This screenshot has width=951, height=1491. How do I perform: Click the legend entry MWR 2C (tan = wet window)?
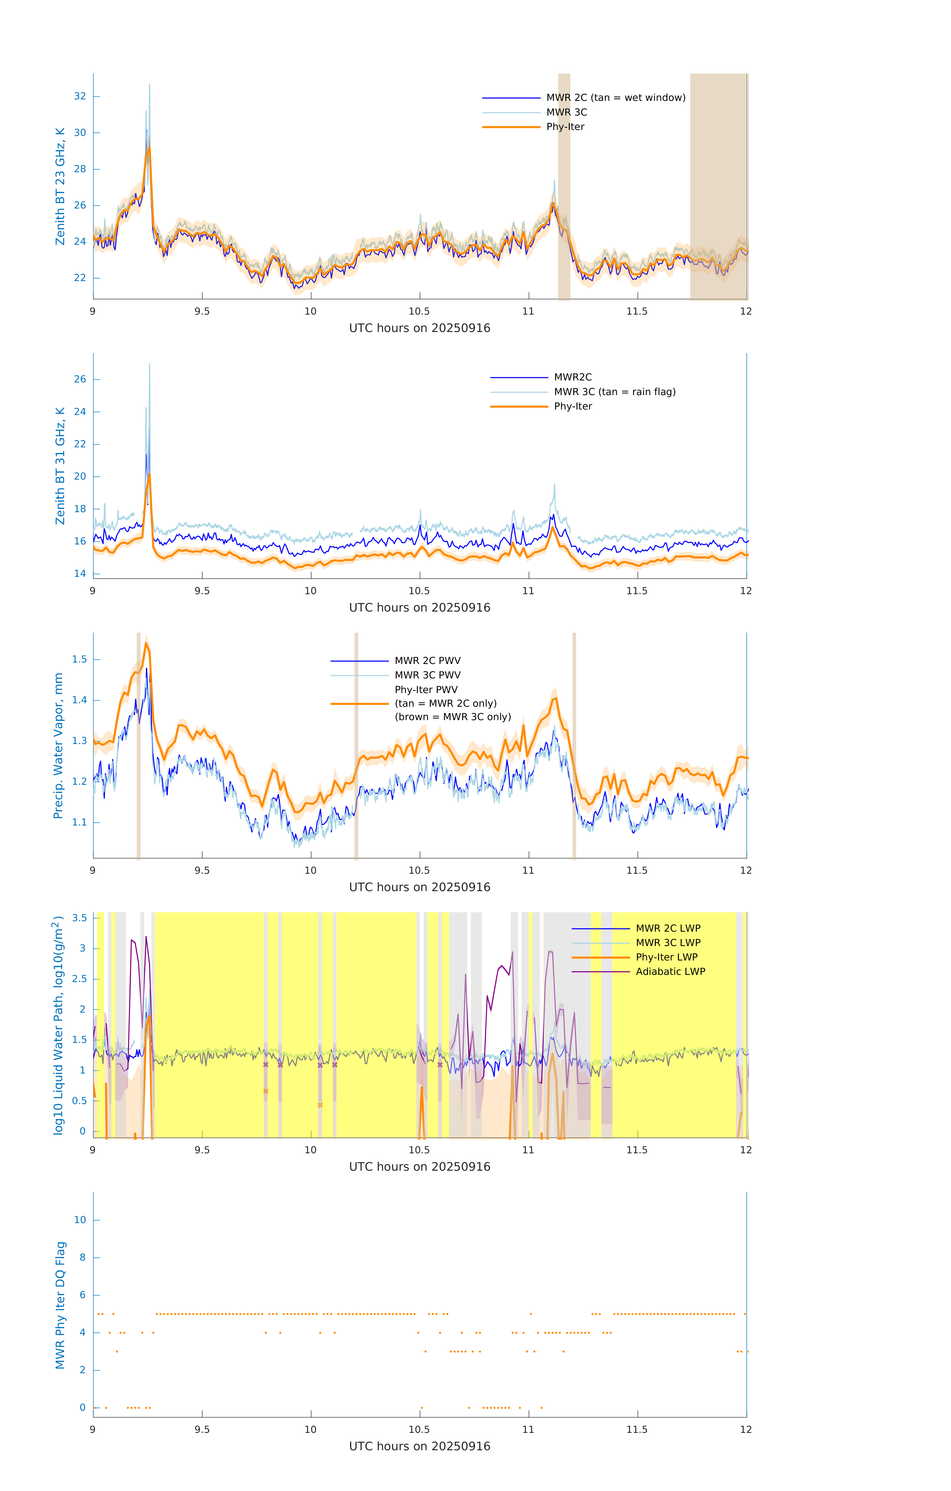(615, 98)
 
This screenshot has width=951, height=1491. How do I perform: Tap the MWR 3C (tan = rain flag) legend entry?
(614, 392)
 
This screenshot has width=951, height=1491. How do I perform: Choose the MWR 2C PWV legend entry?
(427, 661)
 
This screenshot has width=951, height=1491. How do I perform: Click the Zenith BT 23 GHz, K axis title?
(60, 186)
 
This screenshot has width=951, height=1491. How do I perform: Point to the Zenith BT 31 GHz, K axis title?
(60, 466)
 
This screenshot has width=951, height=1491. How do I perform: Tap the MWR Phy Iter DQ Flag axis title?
(60, 1305)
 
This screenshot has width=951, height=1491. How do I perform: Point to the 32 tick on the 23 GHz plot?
(80, 97)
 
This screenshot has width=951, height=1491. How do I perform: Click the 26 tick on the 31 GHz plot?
(80, 379)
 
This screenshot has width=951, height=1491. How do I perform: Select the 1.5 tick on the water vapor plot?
(79, 660)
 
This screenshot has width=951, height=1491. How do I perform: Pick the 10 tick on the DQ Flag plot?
(80, 1220)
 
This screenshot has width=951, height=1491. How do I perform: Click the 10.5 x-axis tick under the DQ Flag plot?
(419, 1430)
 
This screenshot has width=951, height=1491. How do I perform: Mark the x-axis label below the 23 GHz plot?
(419, 328)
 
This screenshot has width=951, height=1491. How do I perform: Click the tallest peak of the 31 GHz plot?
(149, 365)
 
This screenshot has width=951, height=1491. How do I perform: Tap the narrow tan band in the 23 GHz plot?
(564, 186)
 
